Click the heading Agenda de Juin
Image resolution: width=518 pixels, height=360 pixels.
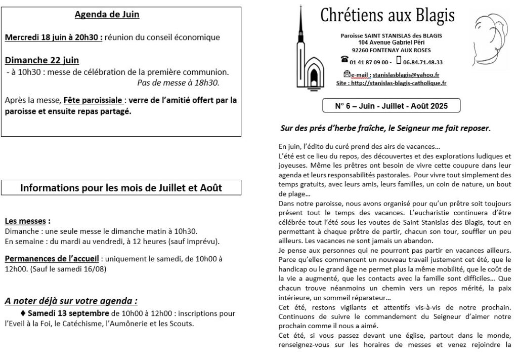[107, 15]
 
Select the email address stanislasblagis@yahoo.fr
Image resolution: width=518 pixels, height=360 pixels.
[402, 74]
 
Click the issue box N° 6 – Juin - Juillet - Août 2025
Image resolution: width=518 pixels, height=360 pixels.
[391, 106]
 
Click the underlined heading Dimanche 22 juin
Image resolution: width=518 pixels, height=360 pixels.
[42, 60]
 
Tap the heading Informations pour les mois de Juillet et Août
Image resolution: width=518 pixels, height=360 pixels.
[121, 188]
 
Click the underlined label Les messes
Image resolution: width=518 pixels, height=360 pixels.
[27, 221]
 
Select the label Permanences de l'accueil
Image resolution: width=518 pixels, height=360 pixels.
[52, 258]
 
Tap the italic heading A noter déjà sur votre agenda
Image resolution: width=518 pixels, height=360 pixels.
[71, 301]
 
